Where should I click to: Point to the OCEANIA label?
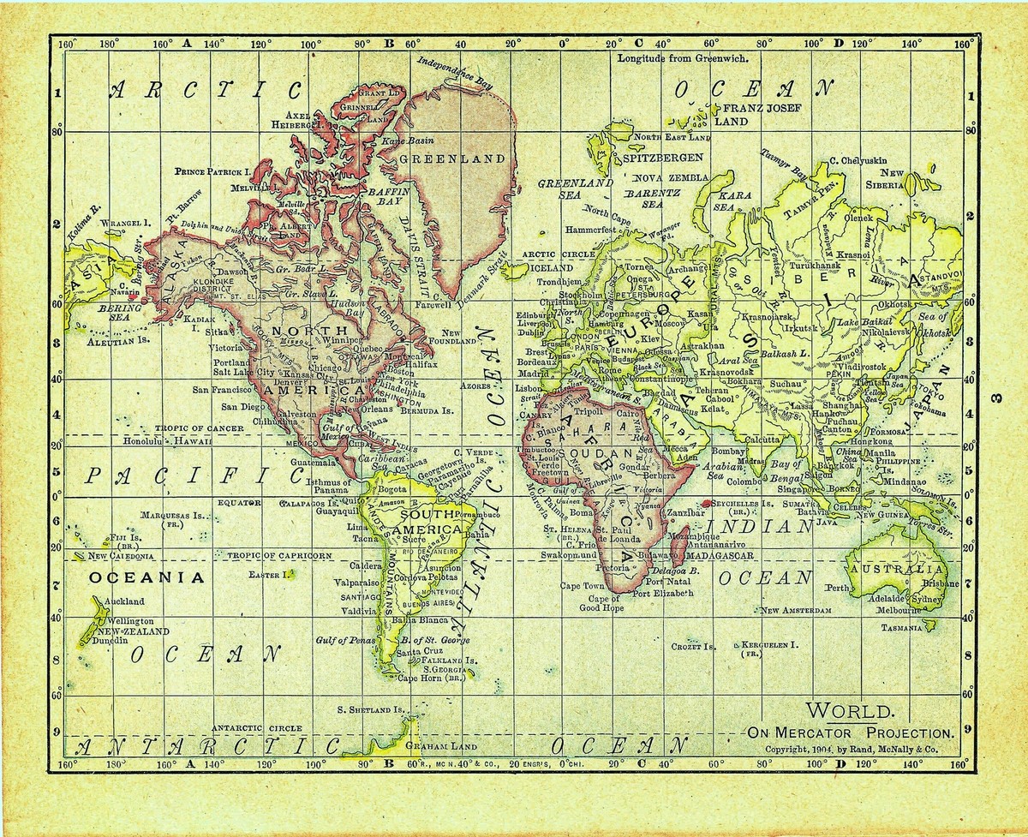click(146, 577)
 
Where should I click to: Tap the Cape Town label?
click(582, 586)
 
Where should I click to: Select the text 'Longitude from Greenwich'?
click(683, 59)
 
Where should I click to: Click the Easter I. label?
click(266, 575)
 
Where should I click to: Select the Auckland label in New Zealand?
click(126, 601)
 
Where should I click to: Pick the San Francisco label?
click(224, 390)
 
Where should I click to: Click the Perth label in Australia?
click(837, 589)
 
